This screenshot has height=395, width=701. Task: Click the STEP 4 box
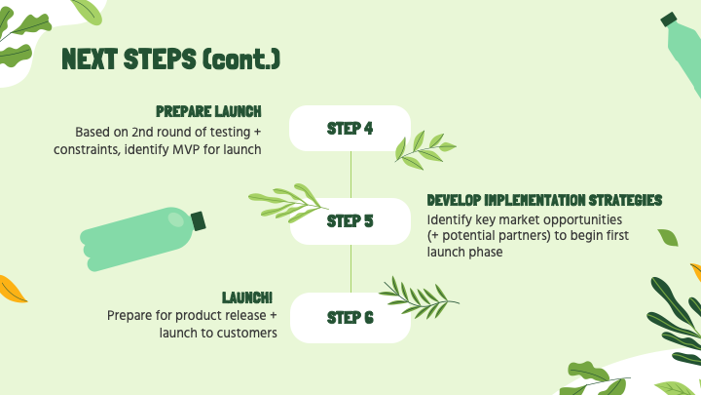tap(350, 128)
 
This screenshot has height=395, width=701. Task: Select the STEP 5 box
tap(350, 220)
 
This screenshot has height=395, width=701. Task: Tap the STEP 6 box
tap(350, 317)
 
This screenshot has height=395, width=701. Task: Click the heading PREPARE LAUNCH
tap(208, 111)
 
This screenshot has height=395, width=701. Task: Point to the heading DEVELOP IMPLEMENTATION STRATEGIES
tap(544, 200)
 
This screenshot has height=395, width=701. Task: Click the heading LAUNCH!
tap(247, 296)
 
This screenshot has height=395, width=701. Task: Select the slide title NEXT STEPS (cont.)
tap(171, 59)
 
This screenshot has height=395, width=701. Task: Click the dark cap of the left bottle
tap(198, 221)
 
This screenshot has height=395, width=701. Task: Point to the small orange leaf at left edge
tap(12, 288)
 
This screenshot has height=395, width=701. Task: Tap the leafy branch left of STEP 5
tap(287, 203)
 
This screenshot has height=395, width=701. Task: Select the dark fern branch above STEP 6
tap(417, 292)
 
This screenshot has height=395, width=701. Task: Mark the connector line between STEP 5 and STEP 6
tap(350, 268)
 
